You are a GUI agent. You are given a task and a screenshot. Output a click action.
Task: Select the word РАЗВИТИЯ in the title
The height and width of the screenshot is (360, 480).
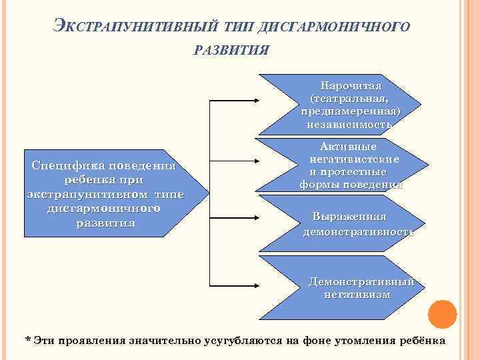231,51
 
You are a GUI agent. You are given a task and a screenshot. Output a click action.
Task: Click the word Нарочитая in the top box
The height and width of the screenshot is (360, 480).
351,86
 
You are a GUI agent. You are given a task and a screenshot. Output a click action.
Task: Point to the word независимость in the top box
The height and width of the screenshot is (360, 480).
350,124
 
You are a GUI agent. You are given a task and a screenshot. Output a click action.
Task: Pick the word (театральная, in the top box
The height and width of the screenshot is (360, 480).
350,99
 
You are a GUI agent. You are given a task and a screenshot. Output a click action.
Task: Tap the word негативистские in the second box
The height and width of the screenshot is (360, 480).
354,159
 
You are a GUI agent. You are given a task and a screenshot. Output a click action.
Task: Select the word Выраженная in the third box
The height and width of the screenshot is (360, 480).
349,217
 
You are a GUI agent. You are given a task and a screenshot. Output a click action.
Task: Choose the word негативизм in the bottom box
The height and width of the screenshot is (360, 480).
358,294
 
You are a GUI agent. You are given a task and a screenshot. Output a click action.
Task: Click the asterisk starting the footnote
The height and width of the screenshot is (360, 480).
27,339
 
